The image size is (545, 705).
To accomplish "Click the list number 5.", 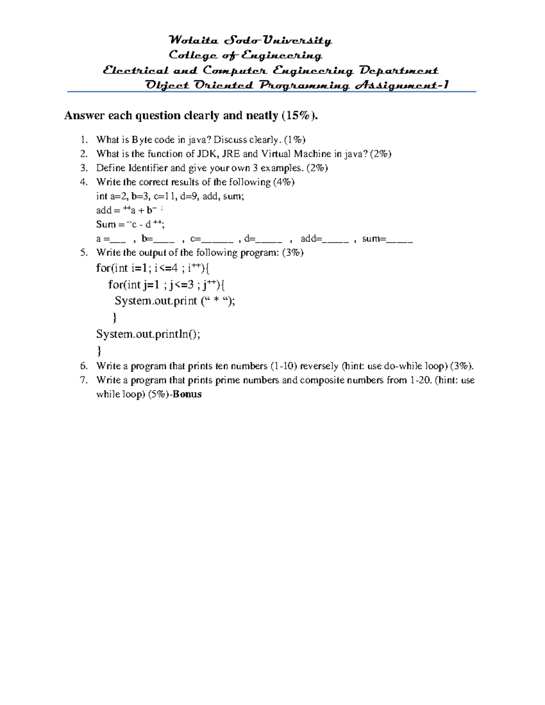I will pyautogui.click(x=83, y=252).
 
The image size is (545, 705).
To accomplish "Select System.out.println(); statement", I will pyautogui.click(x=148, y=334).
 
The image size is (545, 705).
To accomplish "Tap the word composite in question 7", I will pyautogui.click(x=322, y=380).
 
